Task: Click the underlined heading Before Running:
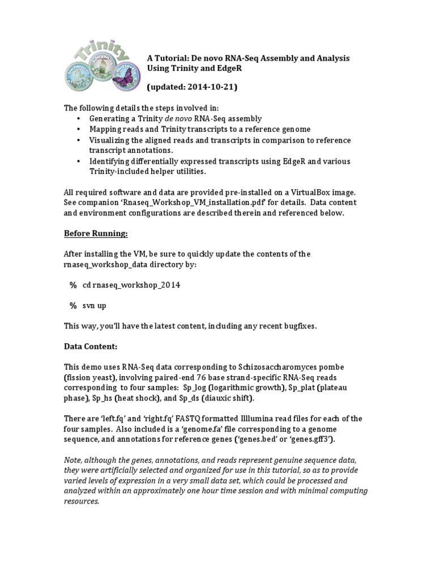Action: (x=96, y=233)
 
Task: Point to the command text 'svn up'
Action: (x=94, y=305)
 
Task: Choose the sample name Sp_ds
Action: (x=181, y=398)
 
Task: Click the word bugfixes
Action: (x=297, y=326)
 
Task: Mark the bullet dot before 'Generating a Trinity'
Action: (x=78, y=119)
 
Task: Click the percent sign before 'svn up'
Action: (x=73, y=305)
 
